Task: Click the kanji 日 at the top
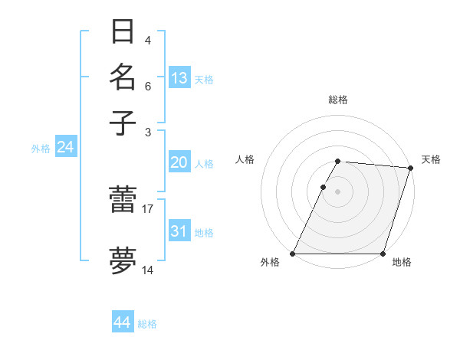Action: coord(123,32)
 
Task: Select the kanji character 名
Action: coord(123,77)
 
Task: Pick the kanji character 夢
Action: coord(123,260)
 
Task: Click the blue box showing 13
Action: coord(179,77)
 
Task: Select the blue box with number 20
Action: coord(179,162)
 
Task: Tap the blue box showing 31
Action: coord(179,231)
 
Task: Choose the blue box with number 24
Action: coord(65,147)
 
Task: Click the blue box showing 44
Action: coord(123,322)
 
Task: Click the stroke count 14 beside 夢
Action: coord(148,270)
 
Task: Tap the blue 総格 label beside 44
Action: coord(147,324)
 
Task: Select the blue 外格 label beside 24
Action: coord(41,149)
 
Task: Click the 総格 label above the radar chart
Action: coord(337,100)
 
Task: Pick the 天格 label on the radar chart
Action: coord(431,159)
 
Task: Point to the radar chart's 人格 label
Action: coord(245,159)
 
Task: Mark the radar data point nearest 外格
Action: coord(293,254)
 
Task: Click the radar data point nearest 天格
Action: coord(411,168)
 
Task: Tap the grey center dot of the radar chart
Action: coord(337,191)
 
